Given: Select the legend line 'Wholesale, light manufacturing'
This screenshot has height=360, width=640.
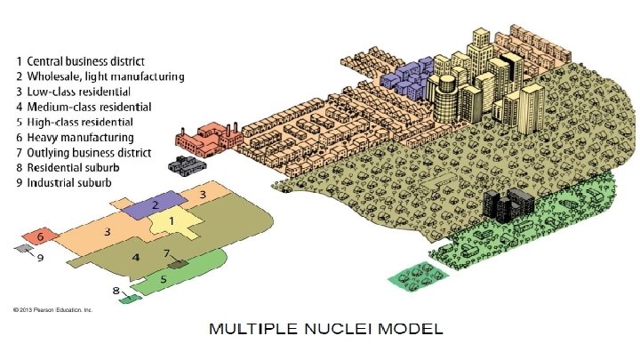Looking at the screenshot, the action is [x=100, y=76].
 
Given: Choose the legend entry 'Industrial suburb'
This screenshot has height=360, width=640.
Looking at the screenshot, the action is [x=69, y=182].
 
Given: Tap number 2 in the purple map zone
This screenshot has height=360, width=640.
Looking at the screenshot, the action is [x=156, y=204].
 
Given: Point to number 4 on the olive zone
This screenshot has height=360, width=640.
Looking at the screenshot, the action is [x=135, y=257].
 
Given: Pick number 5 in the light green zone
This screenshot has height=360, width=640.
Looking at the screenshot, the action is [x=163, y=278].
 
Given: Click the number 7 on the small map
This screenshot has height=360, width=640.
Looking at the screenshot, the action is [x=166, y=253].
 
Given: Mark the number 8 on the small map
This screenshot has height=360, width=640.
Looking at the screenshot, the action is [x=116, y=291].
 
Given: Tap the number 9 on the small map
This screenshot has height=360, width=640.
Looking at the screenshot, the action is [x=40, y=259].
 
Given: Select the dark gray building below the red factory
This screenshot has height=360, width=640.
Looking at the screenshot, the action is [x=187, y=165].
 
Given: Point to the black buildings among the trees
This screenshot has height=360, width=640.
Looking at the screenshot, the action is [x=501, y=205].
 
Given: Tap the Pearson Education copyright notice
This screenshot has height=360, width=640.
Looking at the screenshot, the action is [x=52, y=310].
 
